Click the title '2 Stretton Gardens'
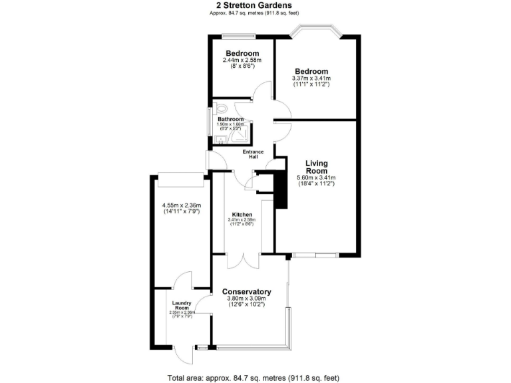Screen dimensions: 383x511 click(255, 5)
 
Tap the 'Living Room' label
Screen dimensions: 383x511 click(316, 167)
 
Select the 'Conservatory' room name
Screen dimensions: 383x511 click(246, 292)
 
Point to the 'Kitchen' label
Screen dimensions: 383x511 click(242, 214)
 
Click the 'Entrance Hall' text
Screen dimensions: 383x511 click(254, 154)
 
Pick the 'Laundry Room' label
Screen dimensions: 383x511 click(181, 305)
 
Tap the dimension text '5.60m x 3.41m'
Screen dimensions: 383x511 click(316, 178)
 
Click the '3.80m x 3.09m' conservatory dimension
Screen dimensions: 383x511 click(246, 299)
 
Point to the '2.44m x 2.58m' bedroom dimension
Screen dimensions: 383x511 click(242, 61)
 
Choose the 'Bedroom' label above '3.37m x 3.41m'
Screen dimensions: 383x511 click(311, 71)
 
